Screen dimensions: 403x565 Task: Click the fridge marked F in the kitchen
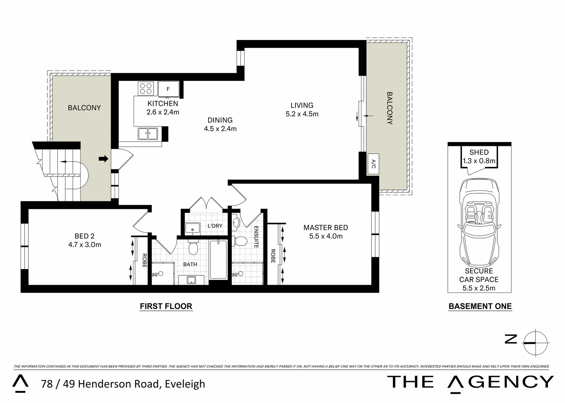point(168,89)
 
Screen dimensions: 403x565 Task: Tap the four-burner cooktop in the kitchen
point(146,89)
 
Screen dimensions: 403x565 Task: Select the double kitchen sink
point(148,134)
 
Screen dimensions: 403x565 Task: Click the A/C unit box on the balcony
point(373,163)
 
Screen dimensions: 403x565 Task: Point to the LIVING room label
point(302,105)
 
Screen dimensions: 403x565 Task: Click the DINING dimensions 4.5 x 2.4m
point(220,129)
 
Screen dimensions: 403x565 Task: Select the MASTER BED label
point(325,228)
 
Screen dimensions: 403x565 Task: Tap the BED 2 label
point(84,236)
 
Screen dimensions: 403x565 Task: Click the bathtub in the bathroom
point(218,260)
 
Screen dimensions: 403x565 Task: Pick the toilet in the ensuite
point(240,241)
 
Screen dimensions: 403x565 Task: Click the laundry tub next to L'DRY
point(193,228)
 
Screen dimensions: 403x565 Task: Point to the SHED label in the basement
point(479,152)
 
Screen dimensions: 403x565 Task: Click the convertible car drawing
point(479,220)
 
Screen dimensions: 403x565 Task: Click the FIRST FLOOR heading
point(166,306)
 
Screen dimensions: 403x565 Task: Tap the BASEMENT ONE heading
point(480,306)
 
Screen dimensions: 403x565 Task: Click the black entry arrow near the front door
point(103,159)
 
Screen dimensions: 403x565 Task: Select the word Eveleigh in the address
point(185,384)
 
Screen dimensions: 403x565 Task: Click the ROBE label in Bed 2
point(144,260)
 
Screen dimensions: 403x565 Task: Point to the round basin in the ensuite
point(236,223)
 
